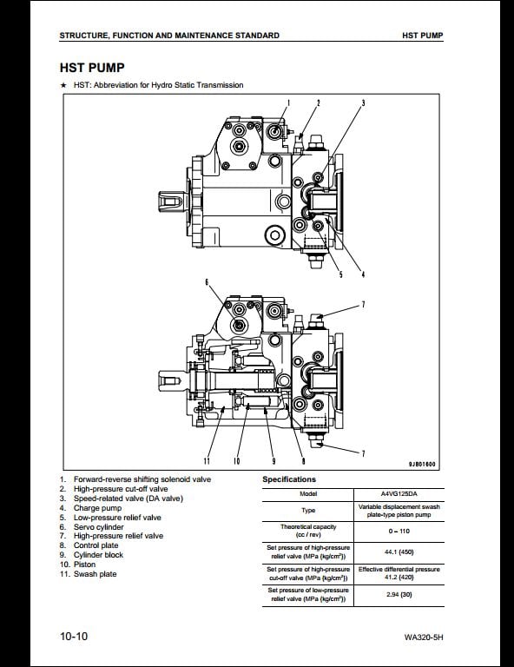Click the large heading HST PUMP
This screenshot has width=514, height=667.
pos(92,68)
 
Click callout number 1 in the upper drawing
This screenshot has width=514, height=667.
pos(288,102)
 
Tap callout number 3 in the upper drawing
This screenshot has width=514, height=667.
pos(363,102)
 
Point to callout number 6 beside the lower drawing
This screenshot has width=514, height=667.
pos(207,281)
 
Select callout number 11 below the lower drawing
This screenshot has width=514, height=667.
pos(207,460)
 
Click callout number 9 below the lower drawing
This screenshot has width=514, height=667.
pos(273,460)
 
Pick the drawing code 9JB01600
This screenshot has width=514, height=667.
pos(422,464)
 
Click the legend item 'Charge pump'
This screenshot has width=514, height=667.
pos(97,508)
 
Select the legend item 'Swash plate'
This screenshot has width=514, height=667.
pos(95,574)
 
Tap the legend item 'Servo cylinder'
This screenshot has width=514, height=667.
pos(99,527)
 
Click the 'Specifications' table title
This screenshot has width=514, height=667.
pos(289,479)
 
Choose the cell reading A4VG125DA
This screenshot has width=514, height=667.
pos(399,494)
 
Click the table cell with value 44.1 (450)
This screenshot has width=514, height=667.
pos(399,552)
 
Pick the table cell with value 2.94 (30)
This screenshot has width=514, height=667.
pos(399,594)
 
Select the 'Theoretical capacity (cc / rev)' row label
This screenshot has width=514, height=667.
pos(308,531)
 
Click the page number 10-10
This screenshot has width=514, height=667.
pos(74,637)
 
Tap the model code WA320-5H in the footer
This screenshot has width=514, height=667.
pos(424,637)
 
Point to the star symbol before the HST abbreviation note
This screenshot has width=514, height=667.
pos(63,85)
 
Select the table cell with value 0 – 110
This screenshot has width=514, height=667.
pos(399,531)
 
